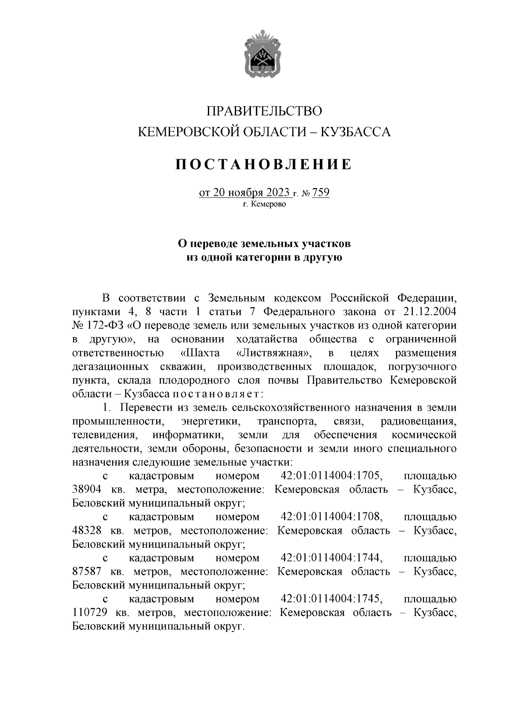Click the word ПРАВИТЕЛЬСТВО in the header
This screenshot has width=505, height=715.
click(x=264, y=111)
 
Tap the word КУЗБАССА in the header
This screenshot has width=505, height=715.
click(x=356, y=132)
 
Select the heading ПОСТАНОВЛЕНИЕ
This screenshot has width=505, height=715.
click(x=263, y=164)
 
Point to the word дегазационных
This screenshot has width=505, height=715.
click(x=110, y=367)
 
